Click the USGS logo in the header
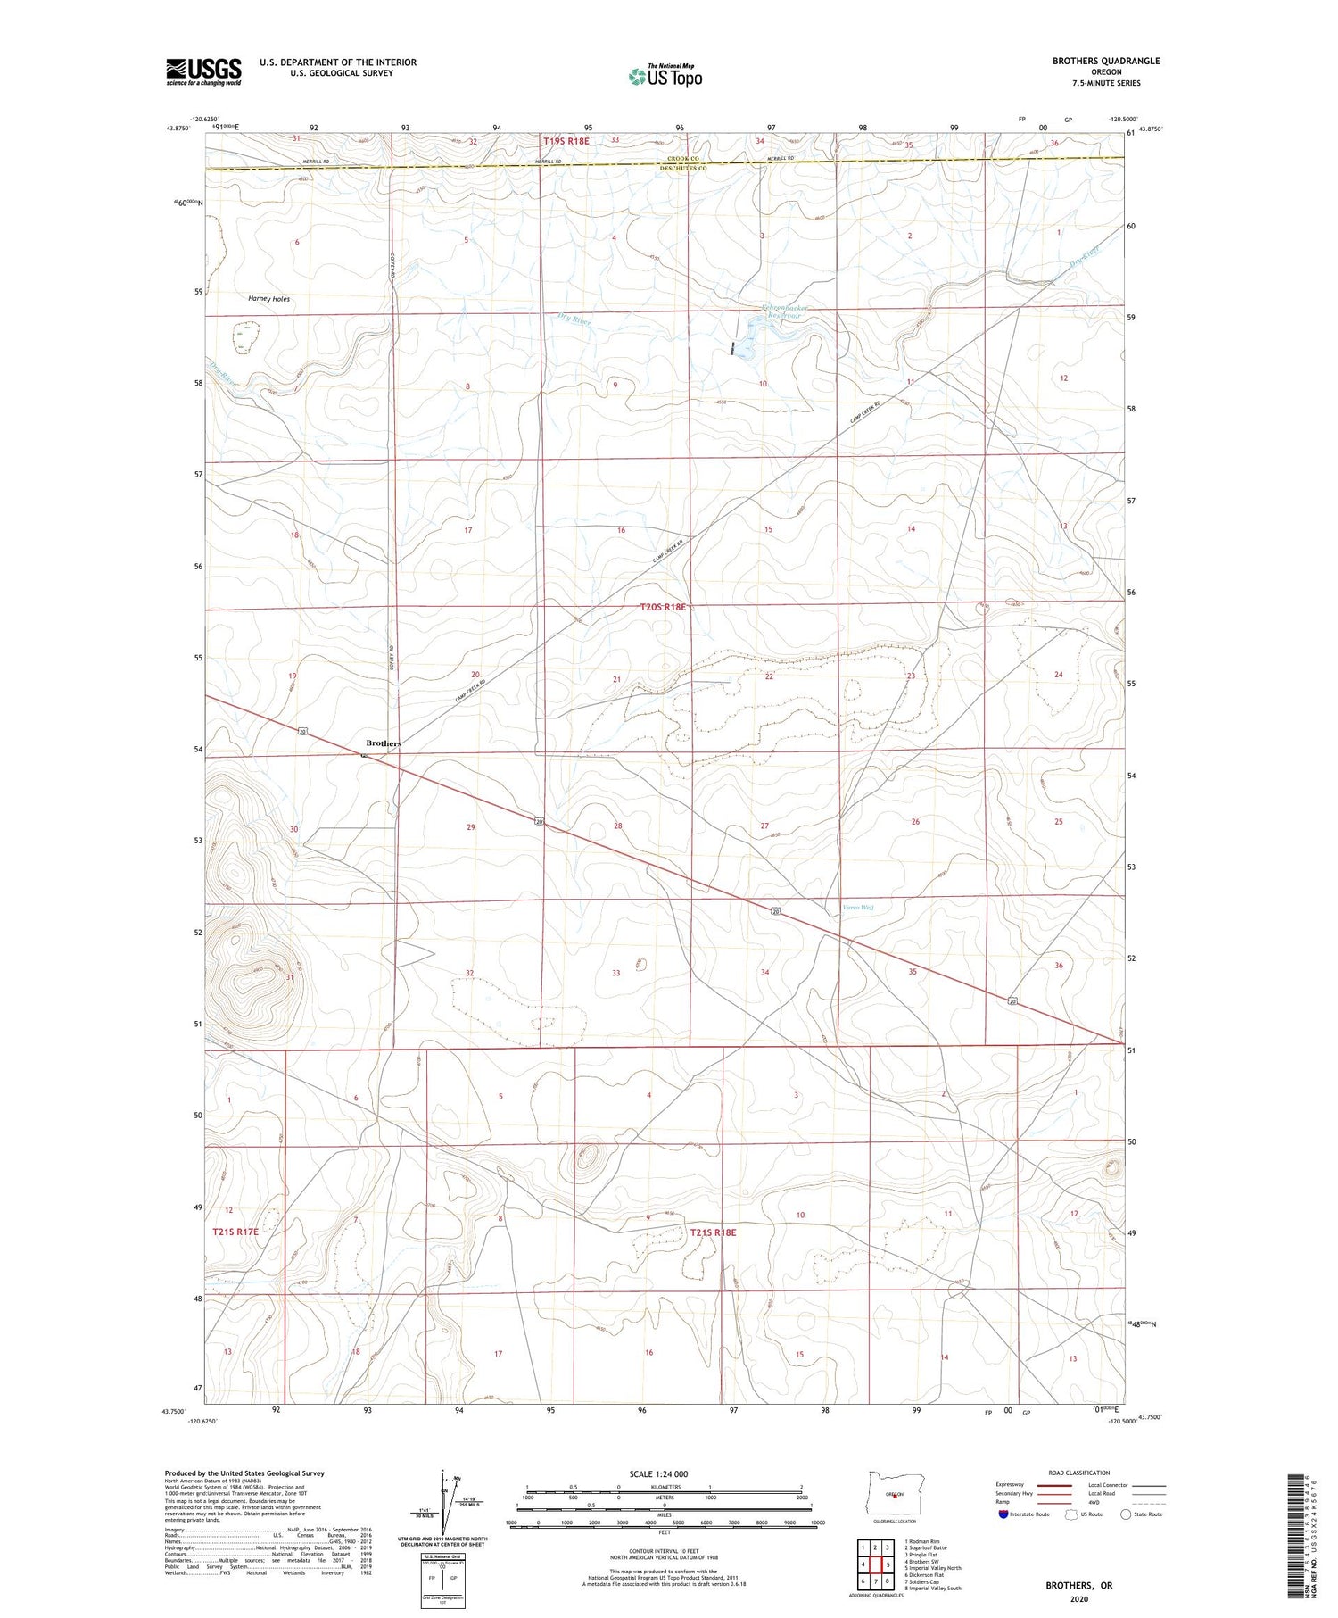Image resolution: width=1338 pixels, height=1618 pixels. click(x=203, y=71)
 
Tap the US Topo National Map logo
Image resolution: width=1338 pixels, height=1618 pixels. click(x=665, y=76)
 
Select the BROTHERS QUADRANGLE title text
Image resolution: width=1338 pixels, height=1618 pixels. click(x=1106, y=61)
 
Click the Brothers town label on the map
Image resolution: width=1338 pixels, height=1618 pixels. click(x=384, y=743)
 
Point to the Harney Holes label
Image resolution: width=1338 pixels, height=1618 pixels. click(x=268, y=299)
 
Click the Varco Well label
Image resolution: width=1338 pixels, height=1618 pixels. click(x=858, y=908)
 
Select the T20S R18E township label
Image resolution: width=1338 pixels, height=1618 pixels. click(x=664, y=607)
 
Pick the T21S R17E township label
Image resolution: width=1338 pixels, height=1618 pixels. click(x=235, y=1232)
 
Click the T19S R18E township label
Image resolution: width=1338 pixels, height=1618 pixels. click(x=566, y=141)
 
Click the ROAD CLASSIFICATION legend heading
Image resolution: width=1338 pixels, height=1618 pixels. click(x=1079, y=1473)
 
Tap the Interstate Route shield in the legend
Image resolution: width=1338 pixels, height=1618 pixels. click(x=1003, y=1514)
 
